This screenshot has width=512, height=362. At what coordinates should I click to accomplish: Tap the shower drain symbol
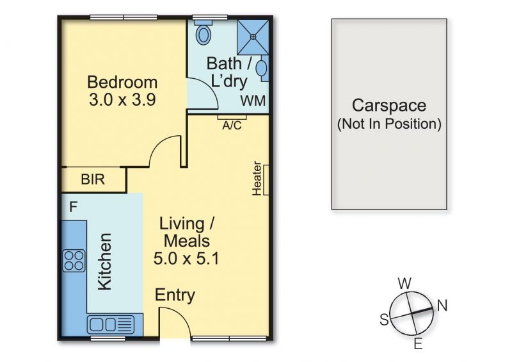pos(253,37)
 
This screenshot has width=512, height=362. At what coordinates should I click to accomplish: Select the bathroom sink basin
pos(261,69)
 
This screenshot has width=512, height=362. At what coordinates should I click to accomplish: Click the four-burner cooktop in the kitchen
pos(74,261)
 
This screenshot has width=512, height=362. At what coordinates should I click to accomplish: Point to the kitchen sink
pos(111,325)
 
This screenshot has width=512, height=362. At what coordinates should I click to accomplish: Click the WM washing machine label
pos(253,101)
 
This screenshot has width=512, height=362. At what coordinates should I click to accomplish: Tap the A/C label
pos(232,125)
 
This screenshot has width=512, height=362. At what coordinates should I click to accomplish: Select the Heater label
pos(257,178)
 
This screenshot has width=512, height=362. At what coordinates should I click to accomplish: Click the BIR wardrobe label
pos(93,179)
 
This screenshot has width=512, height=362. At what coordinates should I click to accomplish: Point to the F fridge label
pos(73,207)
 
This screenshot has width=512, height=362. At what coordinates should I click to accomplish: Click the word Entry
pos(175,295)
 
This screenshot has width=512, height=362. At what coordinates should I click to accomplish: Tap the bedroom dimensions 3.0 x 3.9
pos(122,100)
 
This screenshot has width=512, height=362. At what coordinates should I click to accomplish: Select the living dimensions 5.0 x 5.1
pos(186,258)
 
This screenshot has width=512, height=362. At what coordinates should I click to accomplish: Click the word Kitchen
pos(105,261)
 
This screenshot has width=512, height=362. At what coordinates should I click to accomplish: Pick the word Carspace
pos(389,106)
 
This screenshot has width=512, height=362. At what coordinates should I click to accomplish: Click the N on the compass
pos(442,305)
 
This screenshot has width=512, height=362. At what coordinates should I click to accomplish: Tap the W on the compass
pos(404,283)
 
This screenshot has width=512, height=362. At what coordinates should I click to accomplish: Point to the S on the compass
pos(385,319)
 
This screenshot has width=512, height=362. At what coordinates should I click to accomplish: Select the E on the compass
pos(419,343)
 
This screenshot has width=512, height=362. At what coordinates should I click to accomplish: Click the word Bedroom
pos(122,82)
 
